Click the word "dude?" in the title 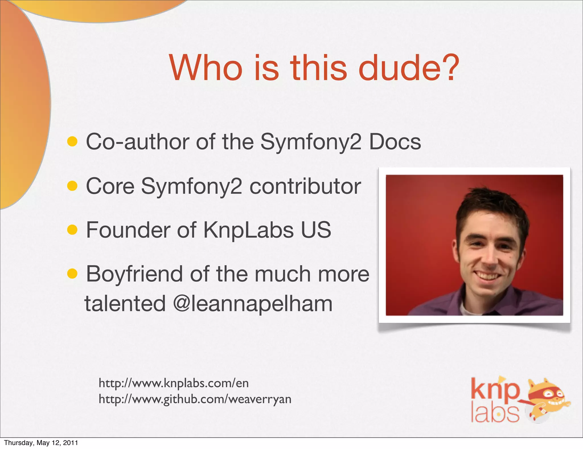click(408, 68)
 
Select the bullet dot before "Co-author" click(72, 141)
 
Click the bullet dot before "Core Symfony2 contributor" click(72, 186)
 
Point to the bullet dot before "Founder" click(72, 230)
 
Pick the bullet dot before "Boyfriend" click(72, 274)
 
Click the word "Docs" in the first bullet click(395, 142)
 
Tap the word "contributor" click(305, 186)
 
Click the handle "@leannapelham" click(253, 304)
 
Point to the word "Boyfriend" click(134, 274)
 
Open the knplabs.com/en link click(174, 383)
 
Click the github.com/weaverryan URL click(195, 399)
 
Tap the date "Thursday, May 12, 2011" click(41, 443)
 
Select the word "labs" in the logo click(495, 413)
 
